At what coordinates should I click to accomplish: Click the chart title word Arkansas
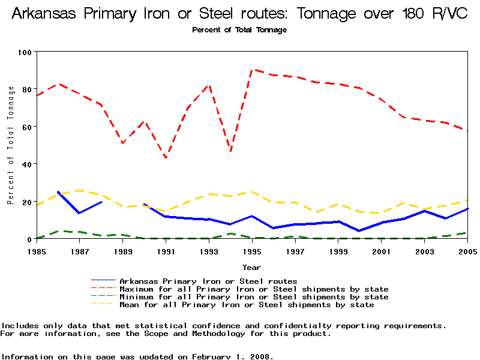tap(47, 14)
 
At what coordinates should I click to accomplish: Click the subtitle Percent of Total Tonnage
tap(239, 30)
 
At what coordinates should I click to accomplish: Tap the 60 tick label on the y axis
tap(26, 127)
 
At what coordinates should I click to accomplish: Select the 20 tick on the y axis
tap(26, 202)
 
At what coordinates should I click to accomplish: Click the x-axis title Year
tap(251, 267)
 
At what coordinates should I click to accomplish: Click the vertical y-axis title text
tap(11, 145)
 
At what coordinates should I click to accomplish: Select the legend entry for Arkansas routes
tap(208, 281)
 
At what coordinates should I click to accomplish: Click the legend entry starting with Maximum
tap(254, 289)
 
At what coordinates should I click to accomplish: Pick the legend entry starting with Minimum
tap(254, 297)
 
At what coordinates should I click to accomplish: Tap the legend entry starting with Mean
tap(247, 305)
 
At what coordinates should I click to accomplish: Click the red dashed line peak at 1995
tap(252, 70)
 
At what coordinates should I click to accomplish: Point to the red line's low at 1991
tap(166, 158)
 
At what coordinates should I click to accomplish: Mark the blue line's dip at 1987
tap(79, 213)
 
